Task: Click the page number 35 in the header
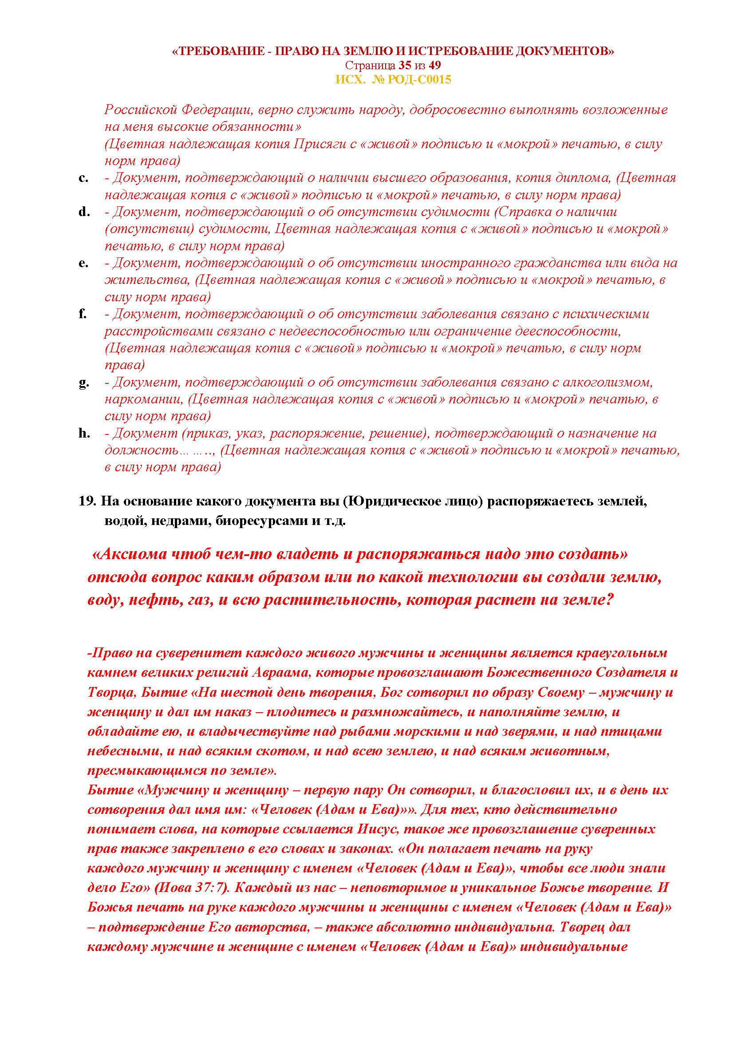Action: coord(405,66)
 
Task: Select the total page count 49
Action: coord(435,66)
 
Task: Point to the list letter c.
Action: coord(83,178)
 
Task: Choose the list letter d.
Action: coord(83,212)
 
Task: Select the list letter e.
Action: coord(83,263)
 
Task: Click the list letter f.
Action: coord(82,313)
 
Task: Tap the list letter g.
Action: coord(83,383)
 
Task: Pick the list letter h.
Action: coord(84,433)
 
